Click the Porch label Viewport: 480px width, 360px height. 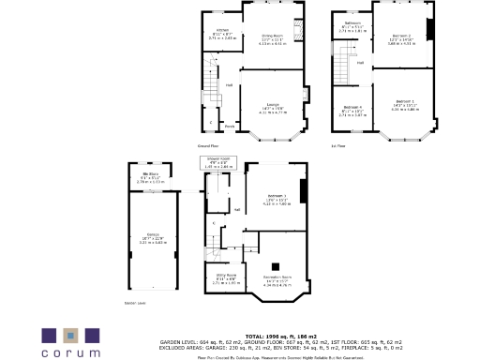[x=230, y=125]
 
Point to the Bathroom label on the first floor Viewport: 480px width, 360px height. [x=352, y=22]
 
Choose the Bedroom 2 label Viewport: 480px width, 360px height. [x=401, y=35]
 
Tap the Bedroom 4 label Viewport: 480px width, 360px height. [x=352, y=107]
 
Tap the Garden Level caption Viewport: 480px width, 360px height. [x=136, y=303]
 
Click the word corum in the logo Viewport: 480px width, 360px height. [x=70, y=352]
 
